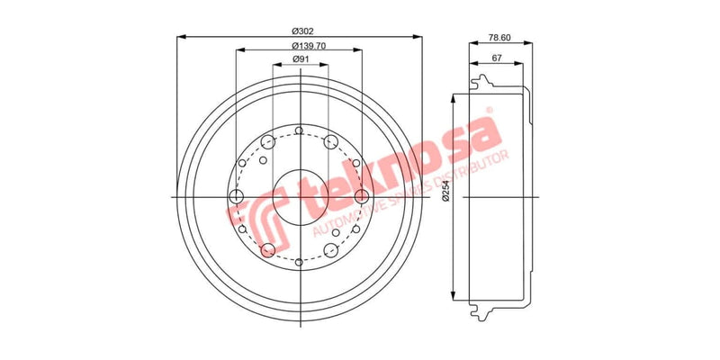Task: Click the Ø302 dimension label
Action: (x=300, y=31)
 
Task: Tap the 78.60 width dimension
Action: (x=499, y=39)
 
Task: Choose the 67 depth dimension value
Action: (x=496, y=58)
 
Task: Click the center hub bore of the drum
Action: (x=300, y=196)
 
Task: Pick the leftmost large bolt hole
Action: (x=238, y=197)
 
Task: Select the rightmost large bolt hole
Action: (x=362, y=196)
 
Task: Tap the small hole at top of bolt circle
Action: (x=300, y=133)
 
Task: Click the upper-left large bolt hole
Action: (x=267, y=141)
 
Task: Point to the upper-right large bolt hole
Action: (x=331, y=141)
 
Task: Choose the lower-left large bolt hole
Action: (x=267, y=250)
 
